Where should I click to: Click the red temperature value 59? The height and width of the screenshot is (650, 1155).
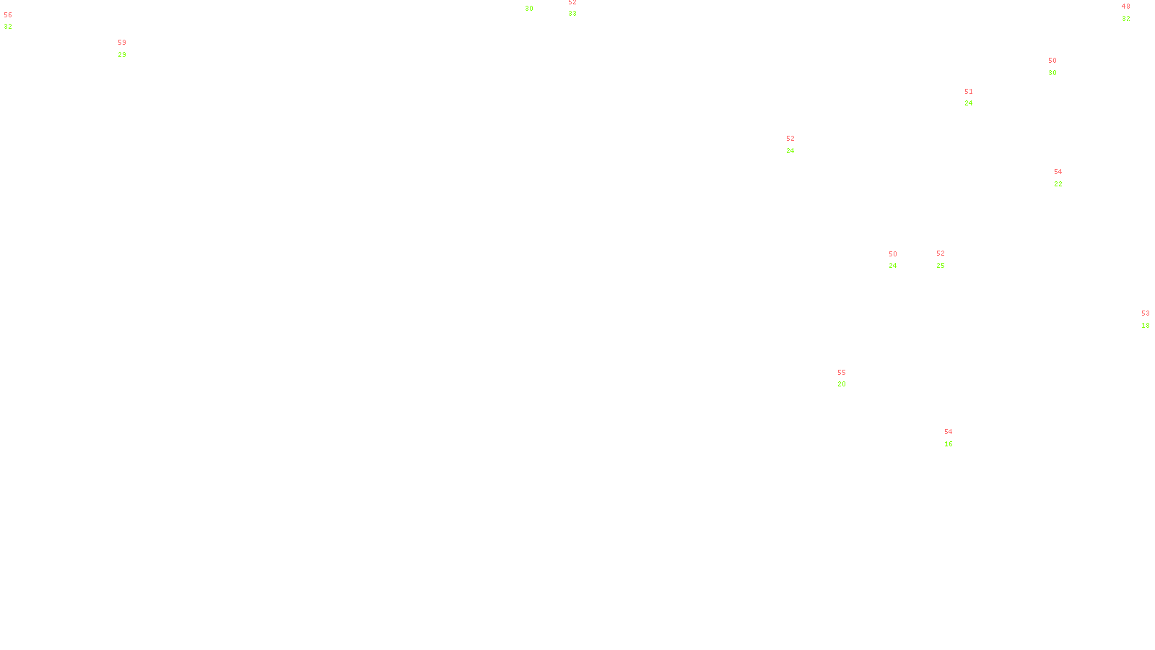click(x=122, y=43)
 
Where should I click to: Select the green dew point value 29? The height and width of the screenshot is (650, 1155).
click(x=122, y=55)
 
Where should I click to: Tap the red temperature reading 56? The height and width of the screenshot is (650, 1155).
click(x=8, y=15)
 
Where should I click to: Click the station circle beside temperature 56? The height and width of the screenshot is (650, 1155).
click(x=16, y=22)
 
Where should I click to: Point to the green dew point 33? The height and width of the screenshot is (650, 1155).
click(x=572, y=14)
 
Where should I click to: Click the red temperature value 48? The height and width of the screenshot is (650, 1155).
click(x=1125, y=6)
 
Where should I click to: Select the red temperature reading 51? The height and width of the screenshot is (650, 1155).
click(x=969, y=92)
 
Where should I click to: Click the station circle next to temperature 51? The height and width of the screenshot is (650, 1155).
click(x=976, y=97)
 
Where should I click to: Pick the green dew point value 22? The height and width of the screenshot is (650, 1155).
click(x=1058, y=184)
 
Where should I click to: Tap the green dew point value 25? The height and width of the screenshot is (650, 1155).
click(x=941, y=266)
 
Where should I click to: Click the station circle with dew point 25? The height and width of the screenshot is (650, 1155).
click(x=947, y=259)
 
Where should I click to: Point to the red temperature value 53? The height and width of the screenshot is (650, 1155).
click(x=1145, y=313)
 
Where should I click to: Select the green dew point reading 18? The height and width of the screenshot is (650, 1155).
click(x=1146, y=326)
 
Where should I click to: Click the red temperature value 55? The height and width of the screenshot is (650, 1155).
click(x=842, y=373)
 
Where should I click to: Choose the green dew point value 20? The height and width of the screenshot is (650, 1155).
click(x=842, y=384)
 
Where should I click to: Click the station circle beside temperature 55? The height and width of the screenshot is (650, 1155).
click(x=849, y=378)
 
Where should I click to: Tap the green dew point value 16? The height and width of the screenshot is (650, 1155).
click(x=949, y=444)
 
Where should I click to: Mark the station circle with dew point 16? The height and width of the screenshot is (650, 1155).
click(x=956, y=438)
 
